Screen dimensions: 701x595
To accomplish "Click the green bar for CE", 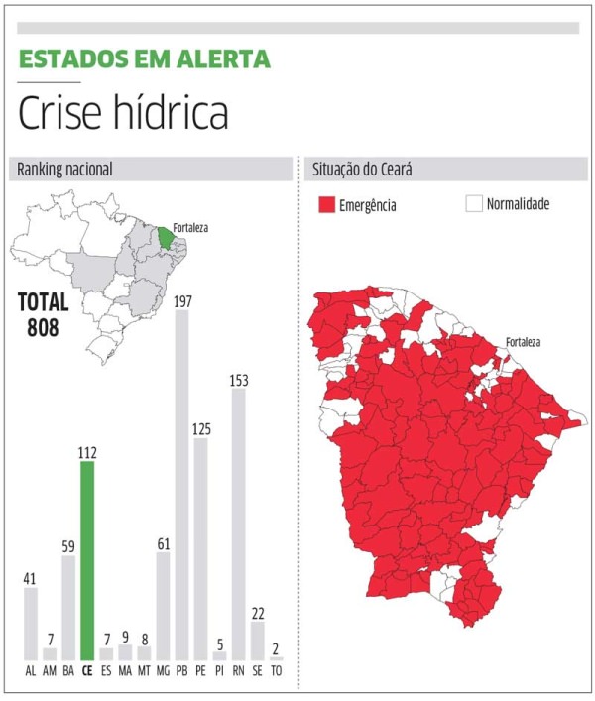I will click(x=87, y=561).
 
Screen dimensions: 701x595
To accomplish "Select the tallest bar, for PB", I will click(x=181, y=486).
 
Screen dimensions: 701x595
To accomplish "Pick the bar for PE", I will click(x=201, y=549).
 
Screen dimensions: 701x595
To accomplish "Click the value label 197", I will click(x=181, y=300).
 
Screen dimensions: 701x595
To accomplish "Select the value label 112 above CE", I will click(x=87, y=452).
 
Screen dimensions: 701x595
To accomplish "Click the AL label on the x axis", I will click(x=31, y=670).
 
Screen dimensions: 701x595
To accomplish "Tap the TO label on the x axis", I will click(x=277, y=670).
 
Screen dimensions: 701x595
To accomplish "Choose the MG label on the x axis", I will click(x=163, y=670).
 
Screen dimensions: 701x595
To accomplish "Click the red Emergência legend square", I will click(x=326, y=205).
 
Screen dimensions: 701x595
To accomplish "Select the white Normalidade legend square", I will click(x=473, y=204).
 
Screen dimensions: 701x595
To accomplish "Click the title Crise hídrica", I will click(x=123, y=114).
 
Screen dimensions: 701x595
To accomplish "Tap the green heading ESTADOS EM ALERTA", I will click(x=144, y=58).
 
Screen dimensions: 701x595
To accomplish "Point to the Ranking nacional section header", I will click(x=64, y=170).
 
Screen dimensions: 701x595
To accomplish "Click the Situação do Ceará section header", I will click(x=362, y=170).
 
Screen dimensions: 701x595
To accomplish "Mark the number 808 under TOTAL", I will click(x=44, y=325).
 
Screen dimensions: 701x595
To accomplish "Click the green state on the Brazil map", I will click(x=165, y=238).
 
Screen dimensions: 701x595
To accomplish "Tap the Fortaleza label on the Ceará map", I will click(x=523, y=342).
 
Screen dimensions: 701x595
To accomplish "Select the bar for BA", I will click(x=68, y=607).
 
